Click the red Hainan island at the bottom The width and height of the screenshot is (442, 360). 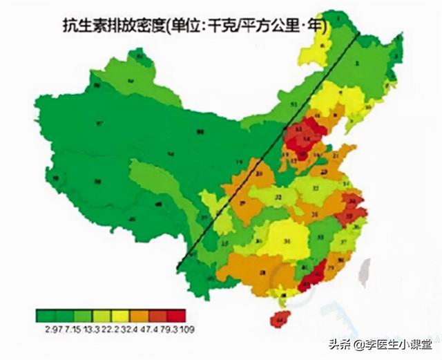click(280, 318)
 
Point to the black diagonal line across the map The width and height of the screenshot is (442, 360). click(269, 152)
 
